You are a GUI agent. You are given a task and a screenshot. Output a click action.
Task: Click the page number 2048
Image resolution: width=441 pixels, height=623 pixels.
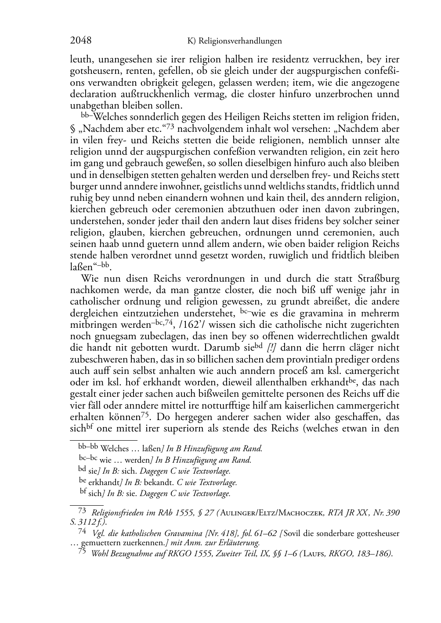coord(80,41)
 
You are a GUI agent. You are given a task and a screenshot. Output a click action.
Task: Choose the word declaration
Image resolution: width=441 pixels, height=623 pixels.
coord(94,94)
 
